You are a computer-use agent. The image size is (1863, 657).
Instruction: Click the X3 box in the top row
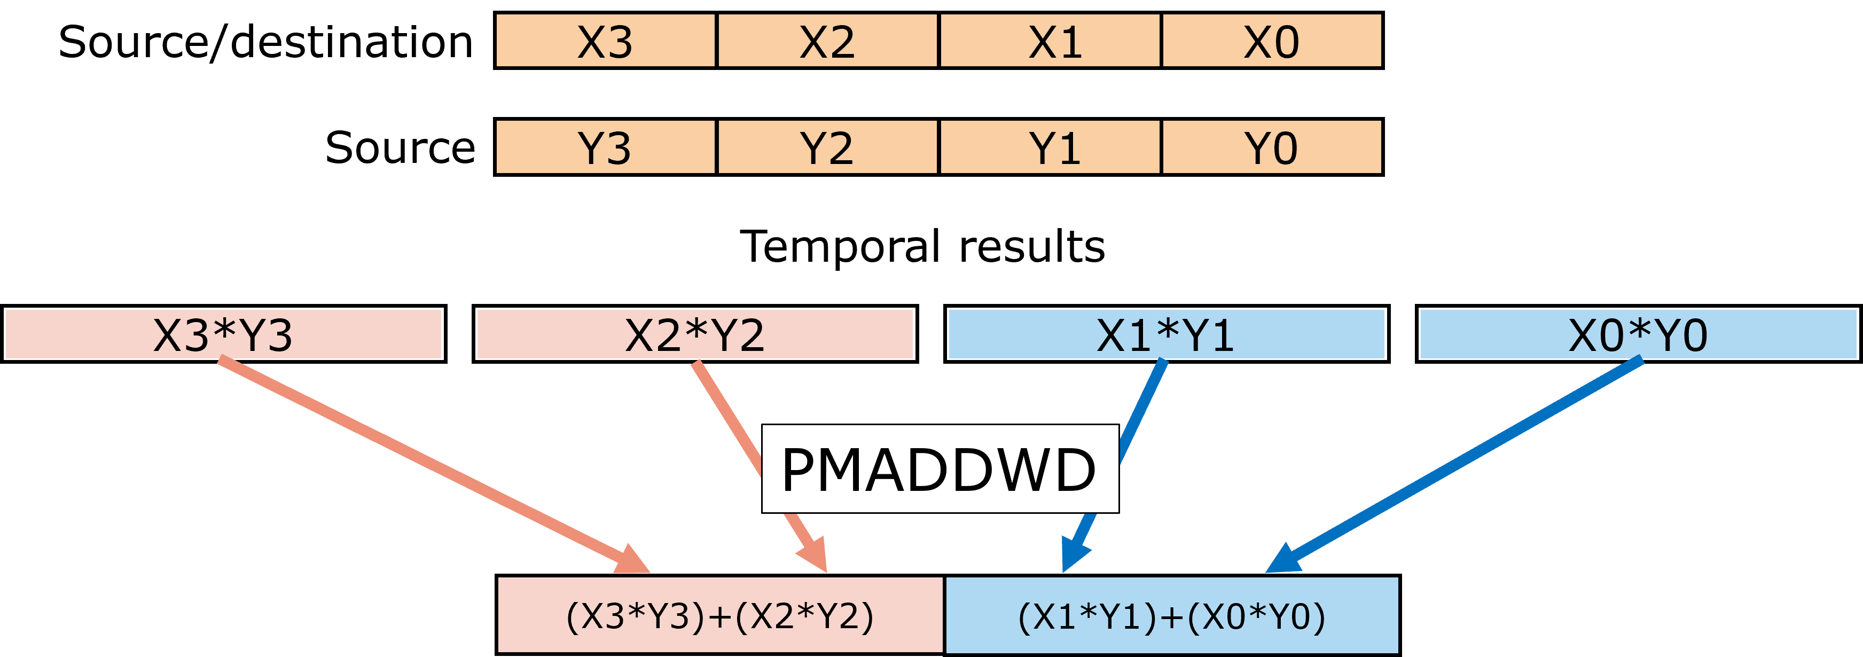pyautogui.click(x=605, y=41)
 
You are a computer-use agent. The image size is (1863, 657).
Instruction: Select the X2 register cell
pyautogui.click(x=827, y=41)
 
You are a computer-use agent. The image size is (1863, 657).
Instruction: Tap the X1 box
pyautogui.click(x=1050, y=41)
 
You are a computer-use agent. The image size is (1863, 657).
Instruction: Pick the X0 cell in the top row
pyautogui.click(x=1271, y=41)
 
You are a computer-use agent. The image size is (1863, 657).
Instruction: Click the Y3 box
pyautogui.click(x=605, y=147)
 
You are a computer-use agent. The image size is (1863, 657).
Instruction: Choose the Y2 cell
pyautogui.click(x=827, y=147)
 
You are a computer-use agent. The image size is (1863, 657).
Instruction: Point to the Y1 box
pyautogui.click(x=1050, y=147)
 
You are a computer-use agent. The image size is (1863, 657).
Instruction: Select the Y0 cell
pyautogui.click(x=1271, y=147)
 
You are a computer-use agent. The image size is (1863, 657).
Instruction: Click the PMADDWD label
pyautogui.click(x=940, y=469)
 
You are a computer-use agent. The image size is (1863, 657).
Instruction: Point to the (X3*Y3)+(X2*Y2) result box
pyautogui.click(x=721, y=615)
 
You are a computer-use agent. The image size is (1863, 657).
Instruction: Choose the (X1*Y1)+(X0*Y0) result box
pyautogui.click(x=1172, y=615)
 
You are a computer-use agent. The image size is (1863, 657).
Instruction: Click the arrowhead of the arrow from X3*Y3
pyautogui.click(x=633, y=561)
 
